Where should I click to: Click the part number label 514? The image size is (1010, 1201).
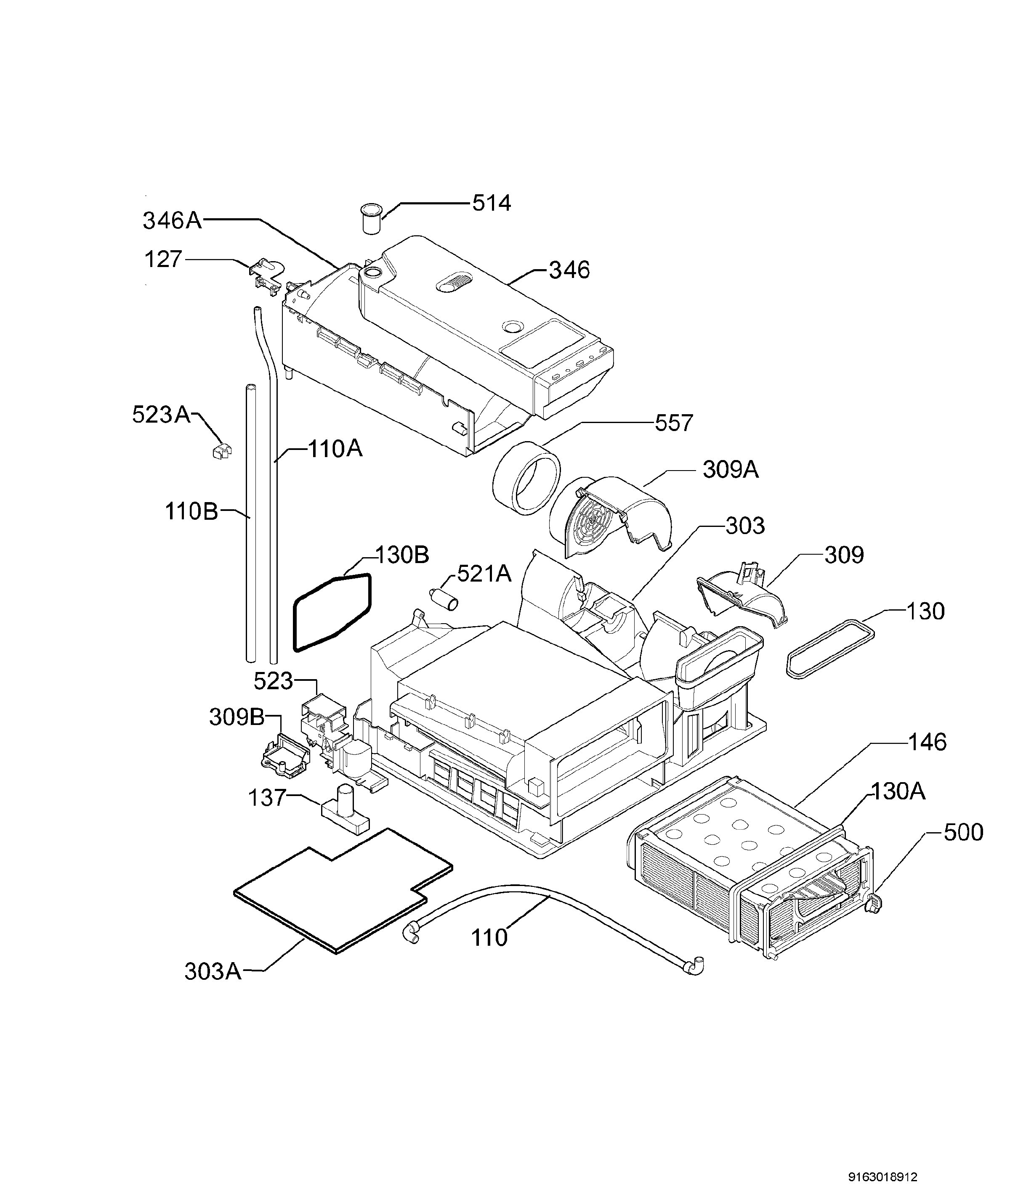(x=491, y=203)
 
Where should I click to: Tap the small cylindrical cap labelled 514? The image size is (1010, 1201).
(x=372, y=217)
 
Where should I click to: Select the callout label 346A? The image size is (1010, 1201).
(x=172, y=220)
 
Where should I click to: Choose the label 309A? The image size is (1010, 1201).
(x=730, y=470)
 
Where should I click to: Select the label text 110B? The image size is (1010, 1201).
(x=191, y=511)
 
